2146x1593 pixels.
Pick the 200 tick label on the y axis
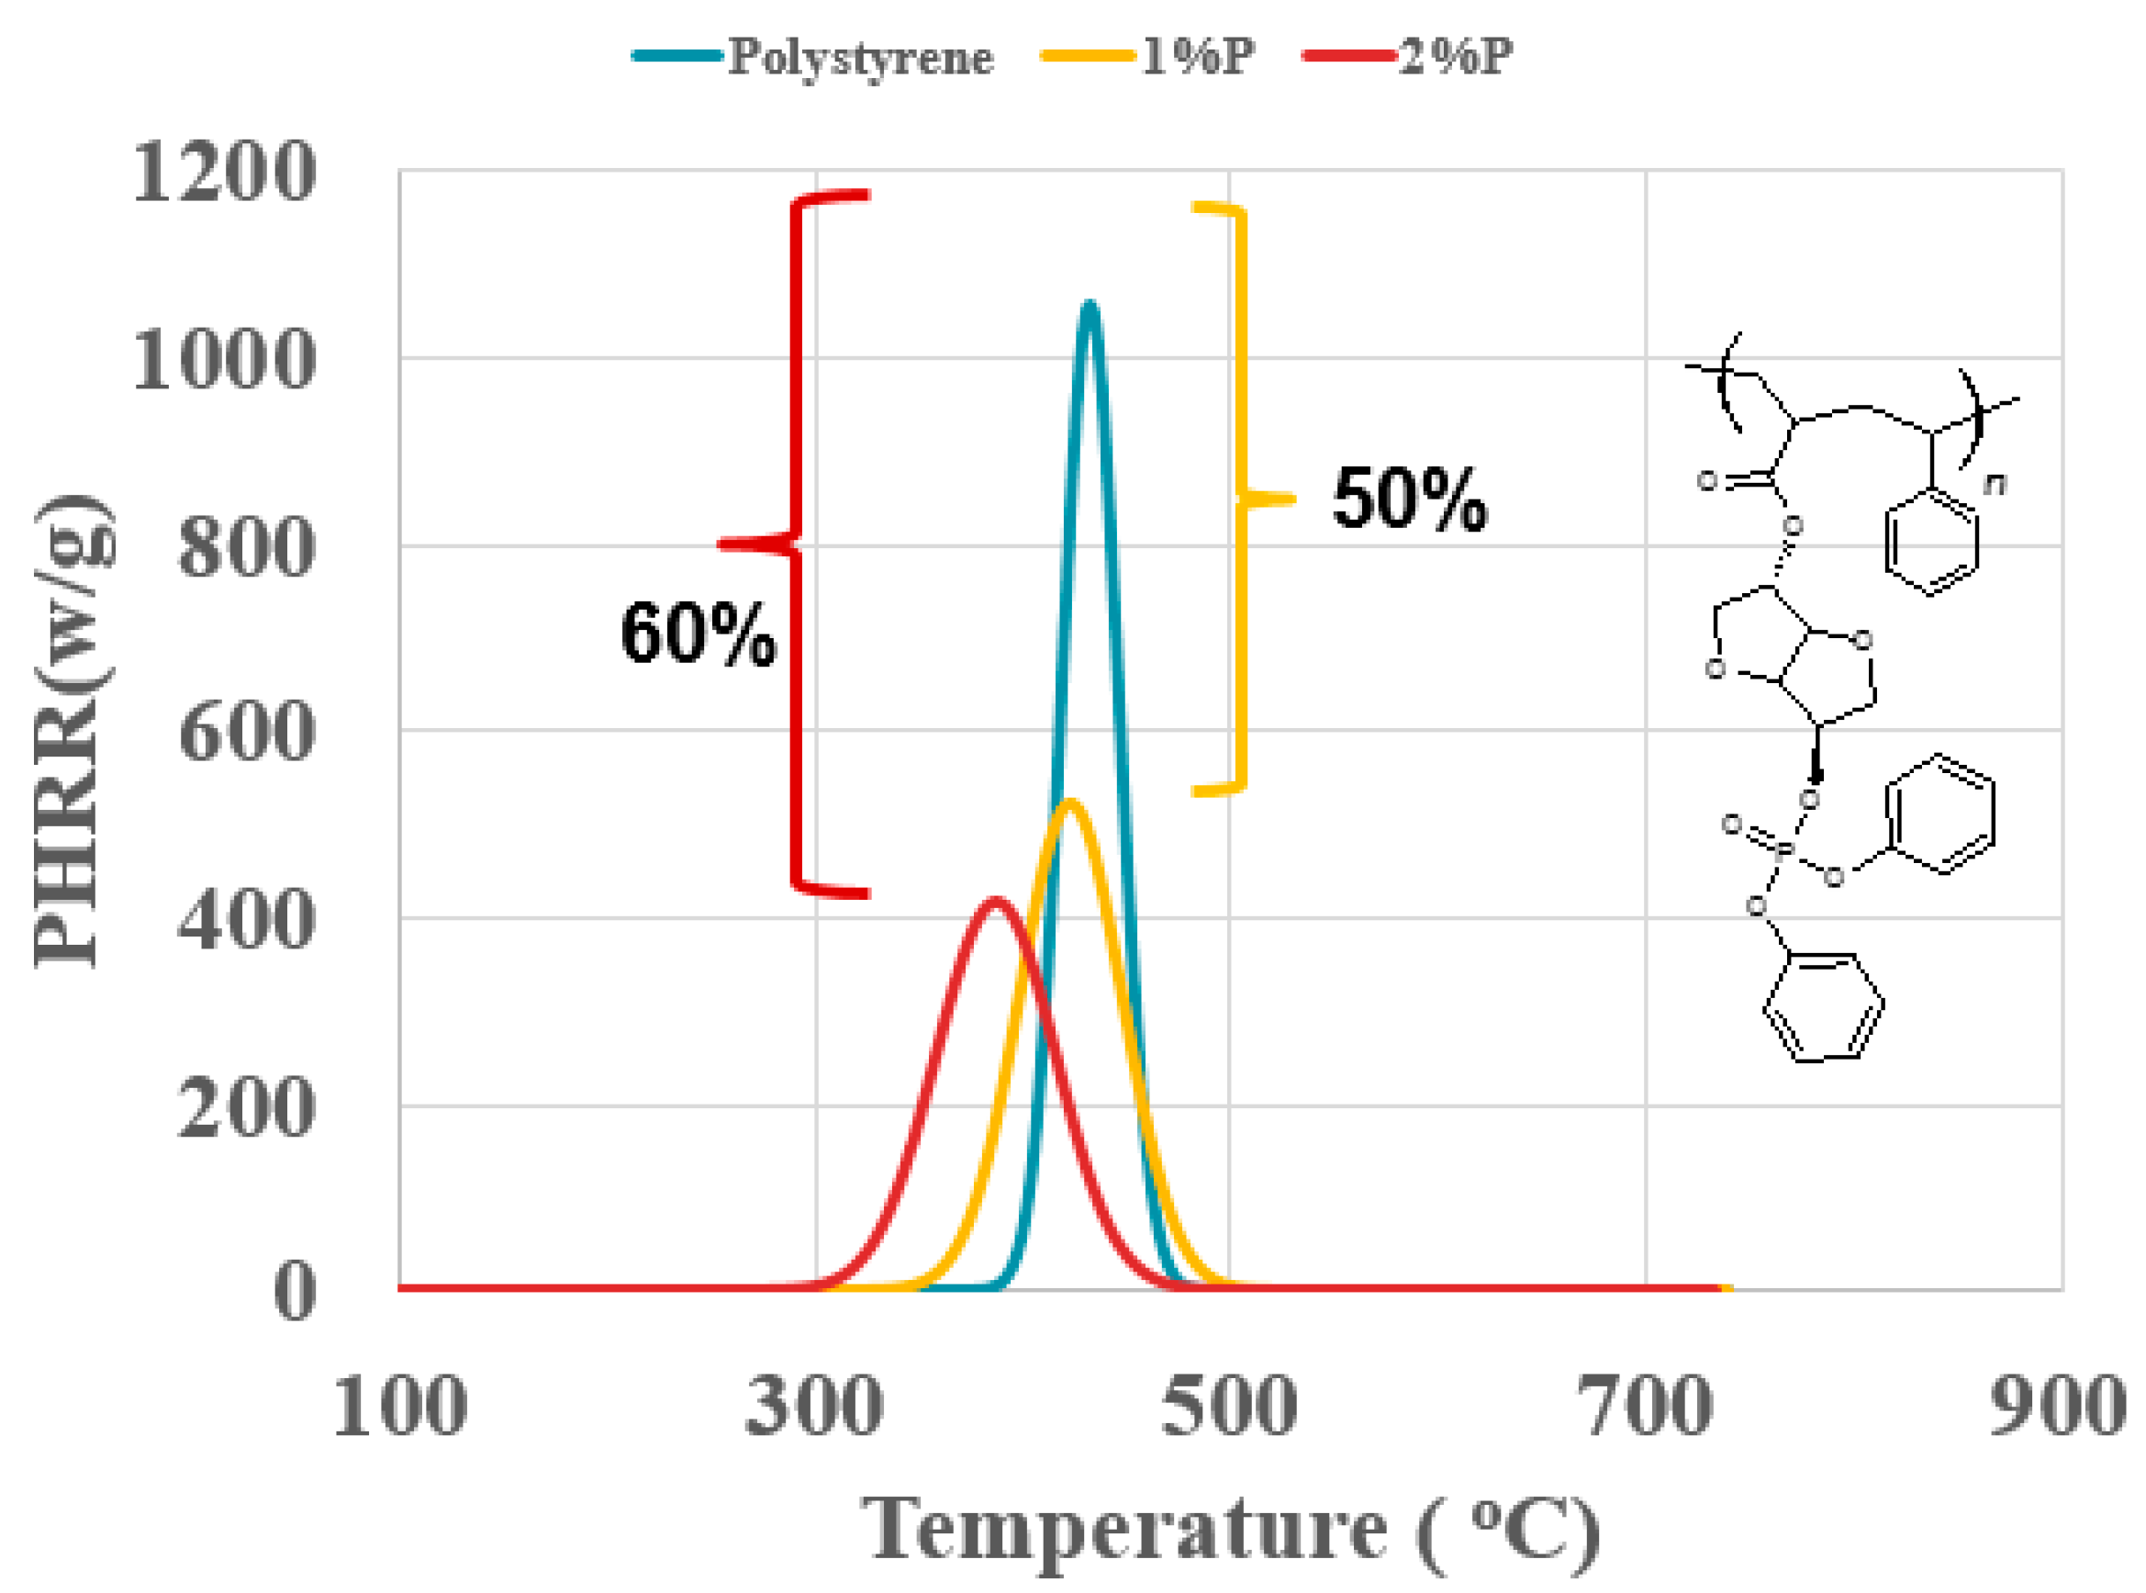tap(247, 1107)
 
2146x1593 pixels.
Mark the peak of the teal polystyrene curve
tap(1090, 305)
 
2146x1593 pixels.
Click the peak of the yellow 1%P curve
tap(1069, 802)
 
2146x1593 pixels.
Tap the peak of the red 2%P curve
tap(996, 902)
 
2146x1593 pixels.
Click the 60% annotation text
tap(698, 634)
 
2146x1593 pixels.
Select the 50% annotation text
tap(1410, 499)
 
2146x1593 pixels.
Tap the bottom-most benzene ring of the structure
tap(1823, 1010)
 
